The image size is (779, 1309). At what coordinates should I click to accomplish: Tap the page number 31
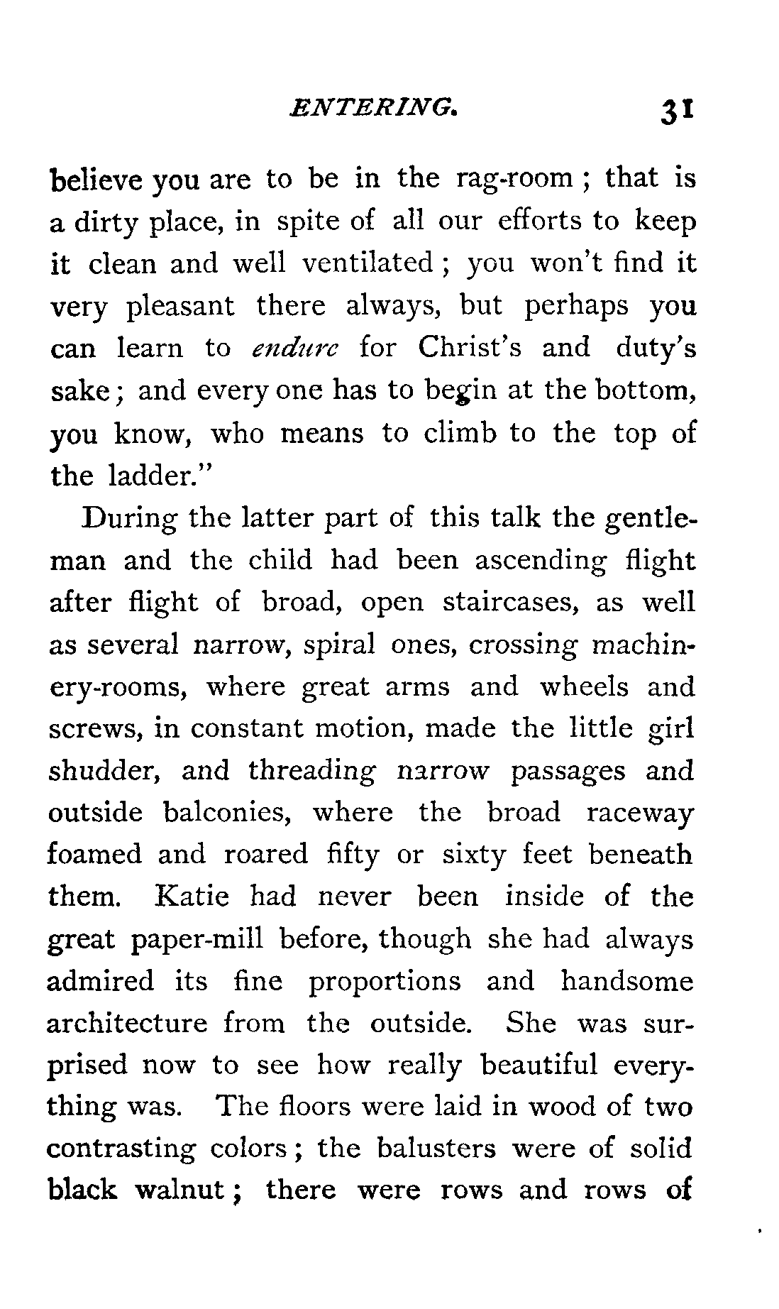[x=679, y=111]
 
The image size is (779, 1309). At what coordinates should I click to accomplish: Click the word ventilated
[x=368, y=263]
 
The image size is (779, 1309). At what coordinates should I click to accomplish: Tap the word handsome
[x=626, y=981]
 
